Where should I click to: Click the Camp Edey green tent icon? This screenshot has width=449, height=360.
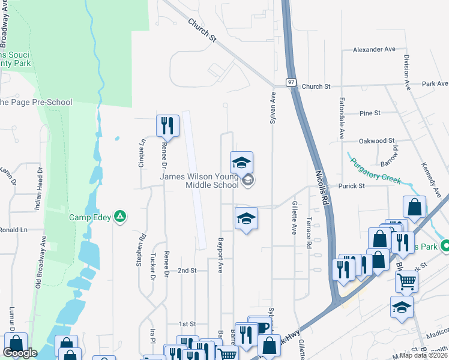[x=121, y=217]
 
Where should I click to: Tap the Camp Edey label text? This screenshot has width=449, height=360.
[x=90, y=217]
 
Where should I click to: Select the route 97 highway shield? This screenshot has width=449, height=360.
[x=291, y=82]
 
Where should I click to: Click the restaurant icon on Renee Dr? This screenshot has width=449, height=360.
[x=166, y=125]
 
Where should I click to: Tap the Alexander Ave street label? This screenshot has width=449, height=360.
[x=374, y=50]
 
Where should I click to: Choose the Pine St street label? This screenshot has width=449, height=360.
[x=369, y=113]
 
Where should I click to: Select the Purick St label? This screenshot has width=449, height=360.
[x=352, y=186]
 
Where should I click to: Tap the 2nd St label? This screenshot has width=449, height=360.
[x=187, y=271]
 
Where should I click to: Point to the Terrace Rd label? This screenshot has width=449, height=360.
[x=309, y=233]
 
